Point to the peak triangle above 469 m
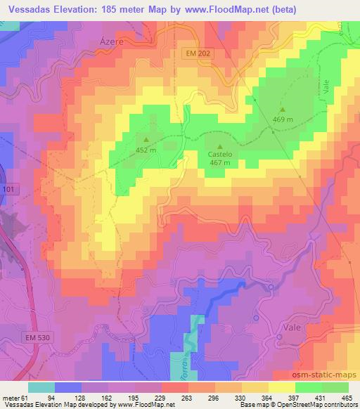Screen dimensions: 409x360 [x=283, y=110]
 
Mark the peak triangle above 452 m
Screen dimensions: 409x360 [x=146, y=138]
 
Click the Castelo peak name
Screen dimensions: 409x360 [x=220, y=155]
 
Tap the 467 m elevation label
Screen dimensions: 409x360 [x=220, y=163]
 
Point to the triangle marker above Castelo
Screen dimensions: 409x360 [x=220, y=144]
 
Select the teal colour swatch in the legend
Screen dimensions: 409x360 [x=41, y=388]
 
